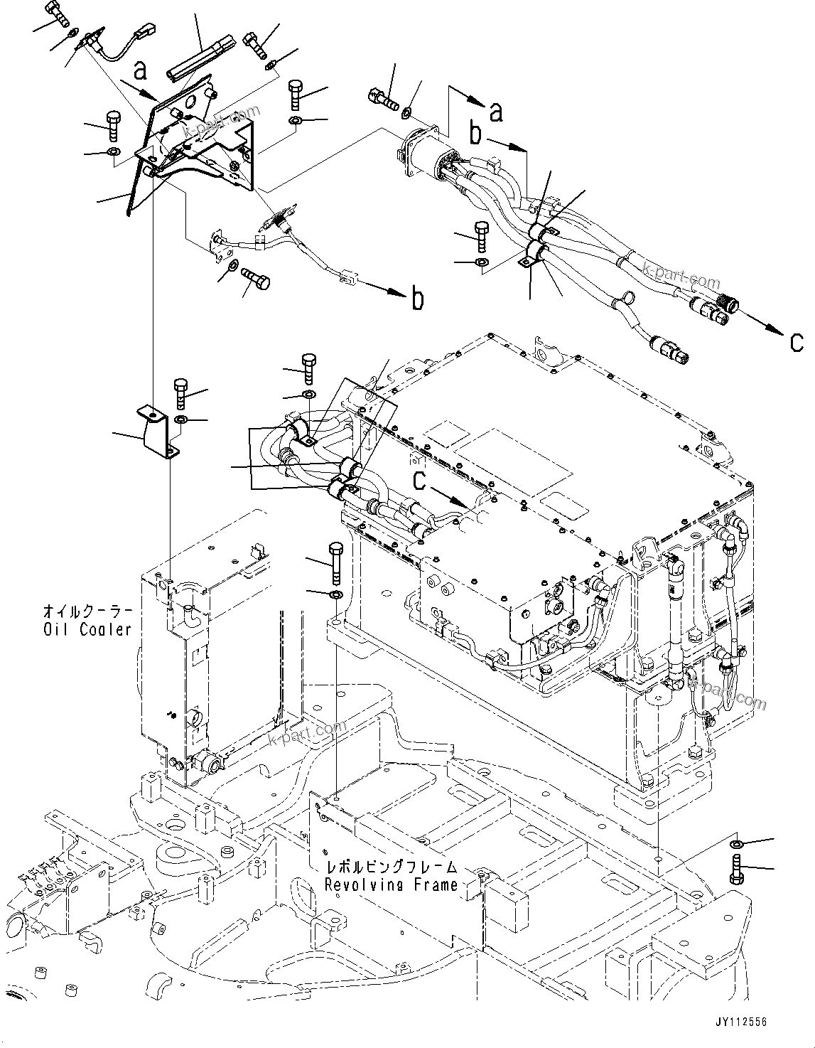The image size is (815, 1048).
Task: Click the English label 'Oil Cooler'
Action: (87, 629)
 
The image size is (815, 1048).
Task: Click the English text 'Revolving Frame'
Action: (391, 885)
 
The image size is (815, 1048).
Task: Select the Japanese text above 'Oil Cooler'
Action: (87, 611)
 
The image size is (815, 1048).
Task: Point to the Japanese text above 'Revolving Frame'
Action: (391, 868)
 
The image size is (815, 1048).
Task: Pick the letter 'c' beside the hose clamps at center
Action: (421, 481)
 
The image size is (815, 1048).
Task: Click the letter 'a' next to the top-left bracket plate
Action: (141, 70)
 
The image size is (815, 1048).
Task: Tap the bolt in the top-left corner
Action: (58, 13)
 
